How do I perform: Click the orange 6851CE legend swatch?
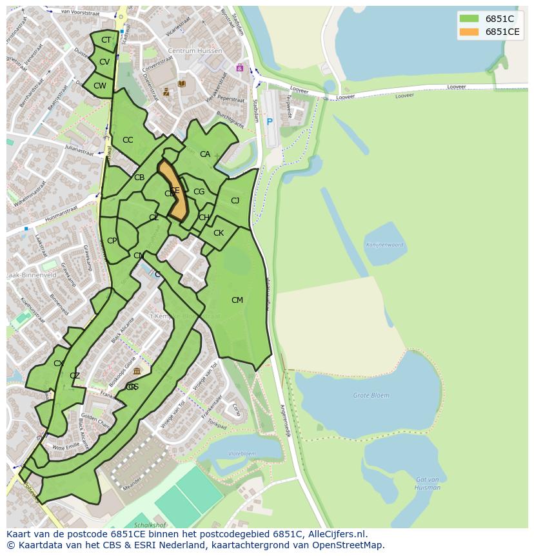click(x=469, y=32)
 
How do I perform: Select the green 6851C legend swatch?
click(x=469, y=18)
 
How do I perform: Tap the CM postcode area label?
click(x=237, y=300)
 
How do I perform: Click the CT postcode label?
click(x=106, y=40)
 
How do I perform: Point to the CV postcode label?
click(x=104, y=62)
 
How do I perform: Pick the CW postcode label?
click(x=99, y=85)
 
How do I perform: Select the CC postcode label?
click(x=128, y=140)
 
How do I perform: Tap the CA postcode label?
click(x=205, y=154)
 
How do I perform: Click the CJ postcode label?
click(x=235, y=201)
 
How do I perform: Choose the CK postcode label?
click(x=219, y=233)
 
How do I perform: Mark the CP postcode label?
click(x=112, y=241)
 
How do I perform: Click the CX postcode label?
click(x=59, y=364)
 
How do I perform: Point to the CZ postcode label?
click(x=75, y=376)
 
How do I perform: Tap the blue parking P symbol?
click(x=270, y=121)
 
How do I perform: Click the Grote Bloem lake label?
click(x=371, y=395)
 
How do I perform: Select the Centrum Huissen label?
click(x=195, y=51)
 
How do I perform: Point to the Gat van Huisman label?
click(x=428, y=483)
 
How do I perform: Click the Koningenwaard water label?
click(x=384, y=245)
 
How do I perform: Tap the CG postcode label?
click(x=199, y=192)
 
